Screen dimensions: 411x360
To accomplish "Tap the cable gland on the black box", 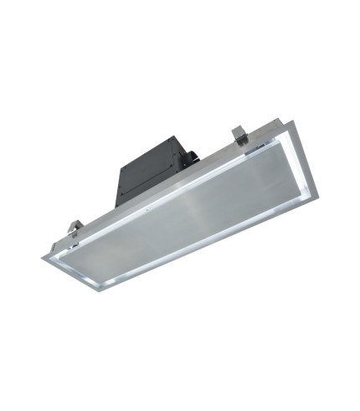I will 190,156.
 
